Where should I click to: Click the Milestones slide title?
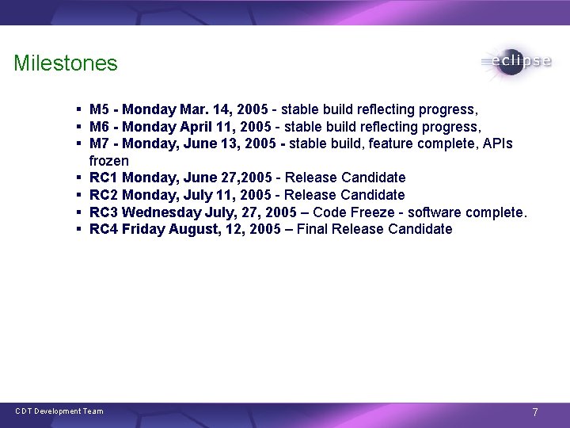(65, 63)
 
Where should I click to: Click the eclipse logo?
(516, 62)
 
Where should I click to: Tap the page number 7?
(535, 412)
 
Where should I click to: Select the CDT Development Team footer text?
(59, 411)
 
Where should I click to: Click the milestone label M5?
(100, 109)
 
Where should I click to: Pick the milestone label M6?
(100, 127)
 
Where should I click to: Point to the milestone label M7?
(100, 143)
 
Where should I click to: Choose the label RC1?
(104, 178)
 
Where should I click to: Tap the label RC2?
(104, 195)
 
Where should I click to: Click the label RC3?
(104, 212)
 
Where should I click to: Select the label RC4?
(104, 230)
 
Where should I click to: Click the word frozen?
(109, 161)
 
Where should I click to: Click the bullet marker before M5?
(81, 109)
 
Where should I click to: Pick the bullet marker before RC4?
(81, 230)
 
